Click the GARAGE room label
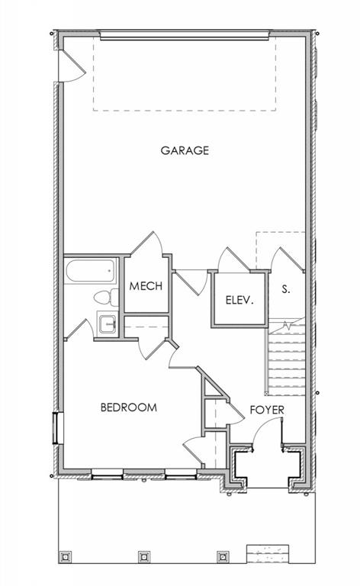(185, 150)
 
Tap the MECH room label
(146, 286)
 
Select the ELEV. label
(239, 300)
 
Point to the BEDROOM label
(129, 407)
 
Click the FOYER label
(267, 410)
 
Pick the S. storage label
(286, 289)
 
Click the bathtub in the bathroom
(90, 271)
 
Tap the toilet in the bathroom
(106, 298)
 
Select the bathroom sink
(108, 324)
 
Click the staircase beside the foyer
(286, 357)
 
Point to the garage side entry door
(72, 66)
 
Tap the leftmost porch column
(66, 556)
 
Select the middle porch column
(144, 556)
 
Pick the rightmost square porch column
(223, 556)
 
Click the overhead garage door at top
(185, 36)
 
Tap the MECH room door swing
(147, 244)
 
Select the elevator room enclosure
(239, 299)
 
